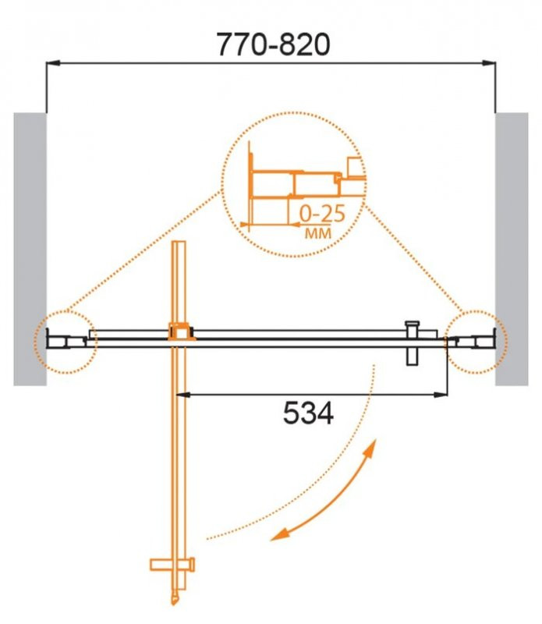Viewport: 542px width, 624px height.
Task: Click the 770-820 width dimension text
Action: (272, 44)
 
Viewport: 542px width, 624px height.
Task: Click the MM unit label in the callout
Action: (315, 232)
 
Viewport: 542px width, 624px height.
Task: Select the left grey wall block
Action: (30, 249)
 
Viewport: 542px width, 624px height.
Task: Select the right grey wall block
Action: (512, 249)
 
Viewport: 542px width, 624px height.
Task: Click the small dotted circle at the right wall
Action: (476, 341)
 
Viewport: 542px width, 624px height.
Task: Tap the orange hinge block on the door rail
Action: (180, 333)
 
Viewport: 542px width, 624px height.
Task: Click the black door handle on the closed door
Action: (412, 341)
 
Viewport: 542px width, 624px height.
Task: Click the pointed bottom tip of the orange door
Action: (177, 601)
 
